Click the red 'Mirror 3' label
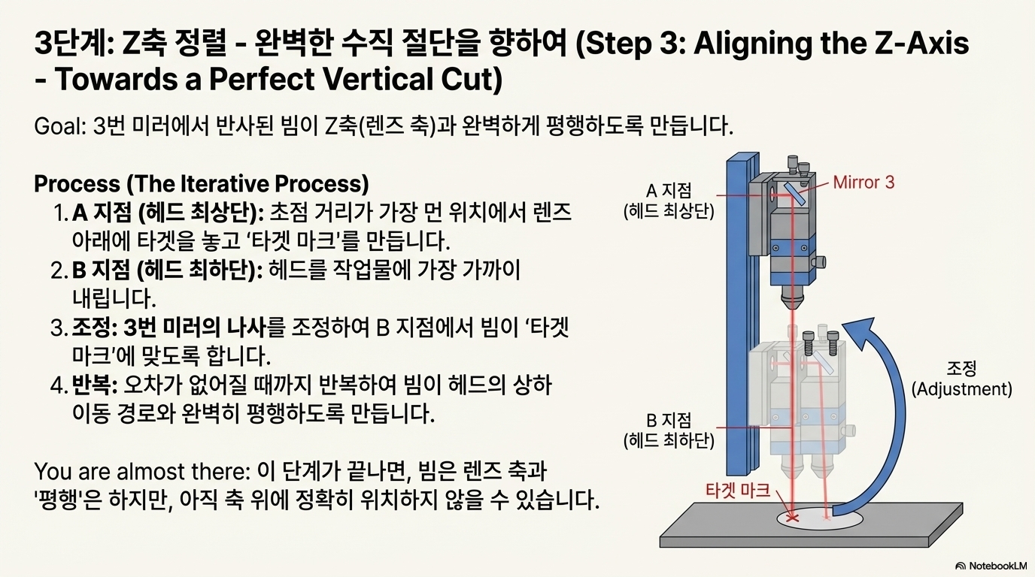[864, 182]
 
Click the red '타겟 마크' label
[738, 491]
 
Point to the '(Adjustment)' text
[961, 389]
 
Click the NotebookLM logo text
[996, 565]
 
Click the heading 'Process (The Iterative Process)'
[202, 184]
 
